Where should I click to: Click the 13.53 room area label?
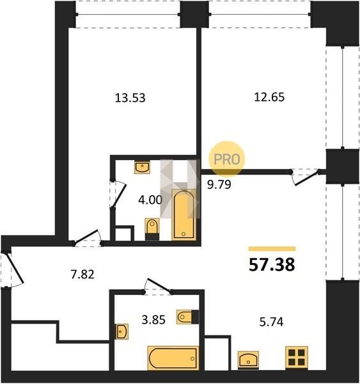click(x=130, y=98)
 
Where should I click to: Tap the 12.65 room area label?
click(x=269, y=97)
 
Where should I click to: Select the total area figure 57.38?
click(x=272, y=265)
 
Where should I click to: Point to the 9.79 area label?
click(x=219, y=184)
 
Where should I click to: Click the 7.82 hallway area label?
click(x=82, y=275)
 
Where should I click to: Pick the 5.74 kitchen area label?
click(x=271, y=322)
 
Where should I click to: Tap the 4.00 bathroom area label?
click(x=150, y=200)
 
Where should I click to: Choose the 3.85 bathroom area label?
click(x=153, y=320)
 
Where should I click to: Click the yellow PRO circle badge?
click(x=226, y=159)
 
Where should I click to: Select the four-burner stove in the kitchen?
click(x=296, y=358)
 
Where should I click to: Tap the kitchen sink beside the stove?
click(x=248, y=360)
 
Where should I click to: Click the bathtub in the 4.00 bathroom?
click(x=184, y=214)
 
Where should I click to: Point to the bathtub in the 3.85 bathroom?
click(x=173, y=358)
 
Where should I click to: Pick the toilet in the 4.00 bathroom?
click(x=152, y=229)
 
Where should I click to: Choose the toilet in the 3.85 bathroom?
click(x=188, y=317)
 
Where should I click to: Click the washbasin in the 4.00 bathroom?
click(x=142, y=167)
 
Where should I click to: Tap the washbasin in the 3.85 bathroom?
click(x=122, y=332)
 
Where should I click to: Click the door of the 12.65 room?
click(x=306, y=177)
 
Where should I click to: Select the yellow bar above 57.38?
click(x=272, y=249)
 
